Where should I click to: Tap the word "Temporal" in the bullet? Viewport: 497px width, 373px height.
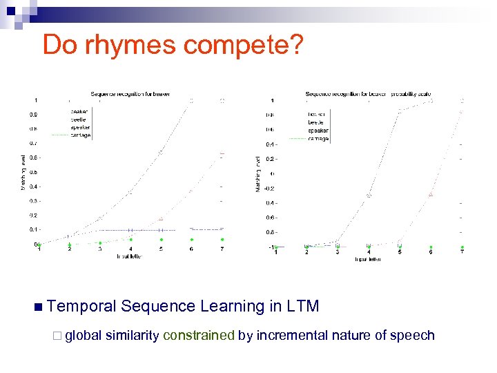(84, 305)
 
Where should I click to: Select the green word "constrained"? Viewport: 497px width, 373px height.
(199, 336)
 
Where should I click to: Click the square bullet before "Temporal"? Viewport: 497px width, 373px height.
(37, 306)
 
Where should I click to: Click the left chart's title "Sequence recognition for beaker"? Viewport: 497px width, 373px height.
(130, 93)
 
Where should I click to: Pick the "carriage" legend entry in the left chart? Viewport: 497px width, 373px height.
(79, 135)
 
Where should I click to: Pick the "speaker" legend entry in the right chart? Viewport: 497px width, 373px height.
(318, 131)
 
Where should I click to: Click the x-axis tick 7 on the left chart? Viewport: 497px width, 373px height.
(222, 249)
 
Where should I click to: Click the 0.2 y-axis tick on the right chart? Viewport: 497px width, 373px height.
(271, 159)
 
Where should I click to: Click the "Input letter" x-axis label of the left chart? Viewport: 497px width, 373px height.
(130, 256)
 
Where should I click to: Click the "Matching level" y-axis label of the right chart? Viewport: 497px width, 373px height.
(258, 172)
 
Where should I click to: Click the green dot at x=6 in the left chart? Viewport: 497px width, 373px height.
(191, 240)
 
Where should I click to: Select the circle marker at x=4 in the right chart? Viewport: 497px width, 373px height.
(369, 195)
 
